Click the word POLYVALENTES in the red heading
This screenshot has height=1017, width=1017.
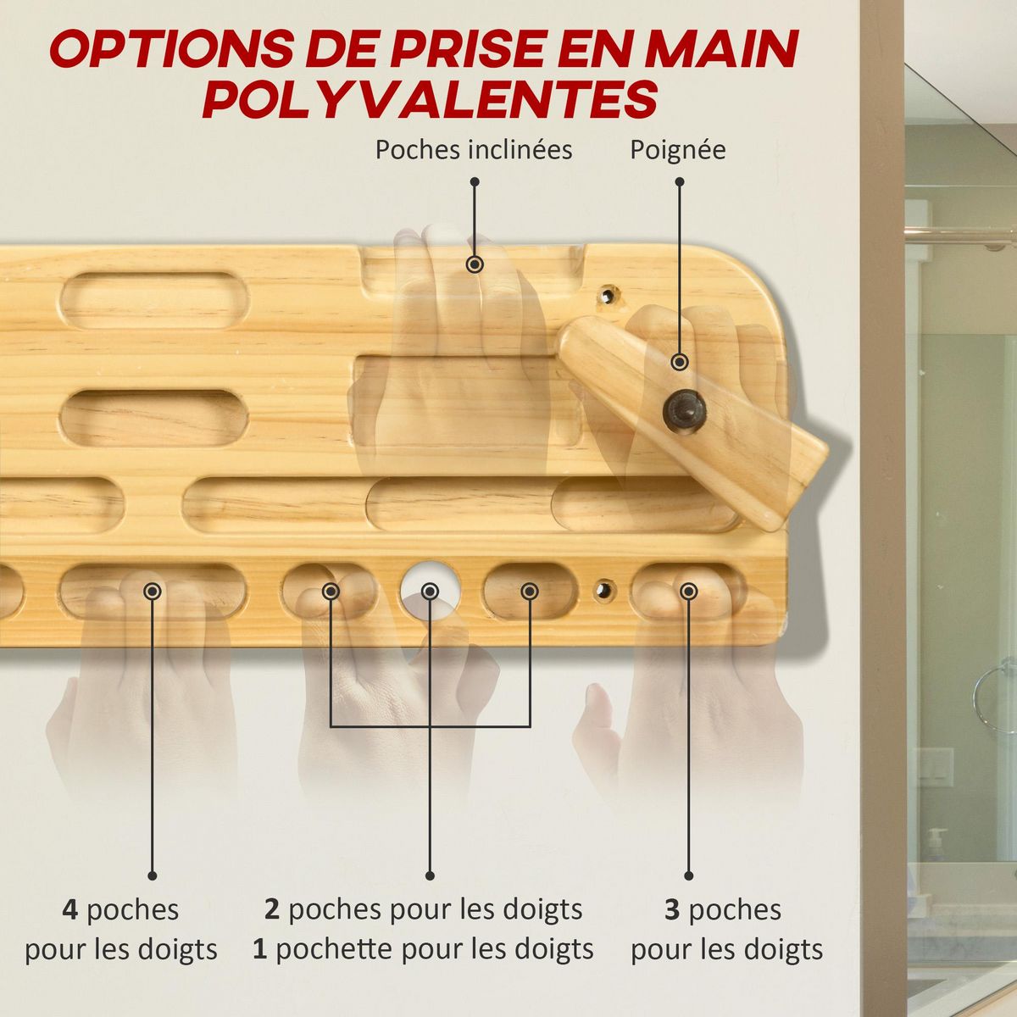(x=430, y=99)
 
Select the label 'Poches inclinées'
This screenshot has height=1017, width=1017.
(x=474, y=150)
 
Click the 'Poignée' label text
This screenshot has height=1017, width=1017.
(x=677, y=150)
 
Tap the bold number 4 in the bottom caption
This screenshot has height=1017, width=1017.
(x=70, y=910)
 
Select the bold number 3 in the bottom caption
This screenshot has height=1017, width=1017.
(x=672, y=910)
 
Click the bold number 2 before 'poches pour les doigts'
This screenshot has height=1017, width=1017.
(x=272, y=910)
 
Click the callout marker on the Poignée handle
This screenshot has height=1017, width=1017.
(x=679, y=362)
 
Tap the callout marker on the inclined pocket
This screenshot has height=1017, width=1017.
(x=475, y=264)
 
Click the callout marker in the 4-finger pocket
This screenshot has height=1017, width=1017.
(x=153, y=591)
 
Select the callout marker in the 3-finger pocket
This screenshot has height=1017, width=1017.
(x=689, y=591)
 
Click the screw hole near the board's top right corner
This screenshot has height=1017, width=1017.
(x=607, y=296)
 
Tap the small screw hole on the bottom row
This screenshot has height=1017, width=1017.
(x=603, y=590)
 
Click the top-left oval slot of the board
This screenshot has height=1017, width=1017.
(x=153, y=300)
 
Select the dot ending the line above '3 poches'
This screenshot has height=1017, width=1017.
(x=688, y=875)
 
